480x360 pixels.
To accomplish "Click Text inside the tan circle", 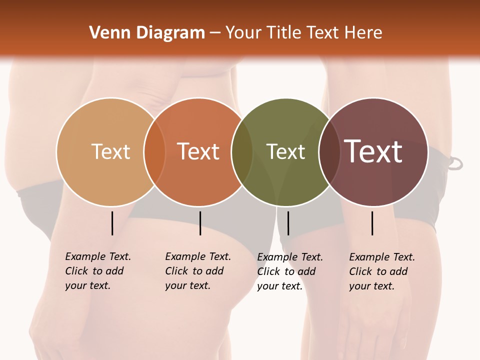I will (x=110, y=151).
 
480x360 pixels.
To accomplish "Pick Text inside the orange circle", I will (x=198, y=151).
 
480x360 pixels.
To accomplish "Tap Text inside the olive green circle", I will (x=286, y=152).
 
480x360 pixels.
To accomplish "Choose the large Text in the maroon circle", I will (x=373, y=151).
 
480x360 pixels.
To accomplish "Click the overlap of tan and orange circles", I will (x=154, y=152).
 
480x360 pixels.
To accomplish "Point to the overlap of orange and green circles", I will (x=242, y=152).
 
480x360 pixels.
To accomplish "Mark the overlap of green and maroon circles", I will (x=329, y=152).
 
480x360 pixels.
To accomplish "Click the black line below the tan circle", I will (x=112, y=223).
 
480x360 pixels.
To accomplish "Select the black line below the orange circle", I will (x=200, y=223).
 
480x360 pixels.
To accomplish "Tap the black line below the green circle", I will (x=288, y=223).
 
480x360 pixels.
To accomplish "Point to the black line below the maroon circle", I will (x=372, y=223).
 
